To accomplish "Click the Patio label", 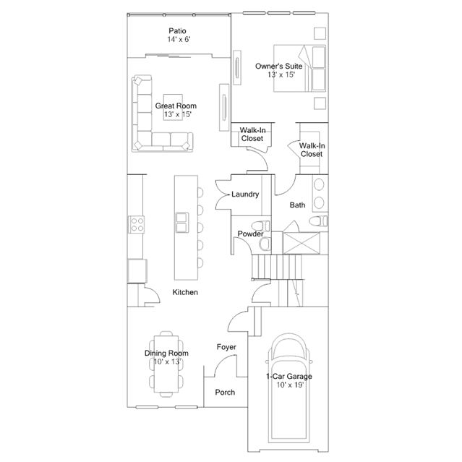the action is [177, 31].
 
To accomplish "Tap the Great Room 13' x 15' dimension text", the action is [178, 114].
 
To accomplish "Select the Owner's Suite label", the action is [279, 67].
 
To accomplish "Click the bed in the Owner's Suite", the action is [299, 69].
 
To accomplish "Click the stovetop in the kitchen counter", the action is [136, 225].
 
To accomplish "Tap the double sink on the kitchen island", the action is [182, 223].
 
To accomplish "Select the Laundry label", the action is [245, 194].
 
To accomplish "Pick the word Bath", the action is [297, 205].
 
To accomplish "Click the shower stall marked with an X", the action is [301, 243].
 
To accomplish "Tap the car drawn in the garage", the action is [289, 388].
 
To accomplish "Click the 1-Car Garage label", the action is [289, 377].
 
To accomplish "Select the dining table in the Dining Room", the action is [166, 364].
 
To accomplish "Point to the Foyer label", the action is [226, 347].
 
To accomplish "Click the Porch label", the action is [225, 393].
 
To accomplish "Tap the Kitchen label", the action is [185, 292].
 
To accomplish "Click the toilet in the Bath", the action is [318, 221].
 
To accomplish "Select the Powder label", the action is [250, 234].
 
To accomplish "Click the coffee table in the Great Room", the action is [173, 107].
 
